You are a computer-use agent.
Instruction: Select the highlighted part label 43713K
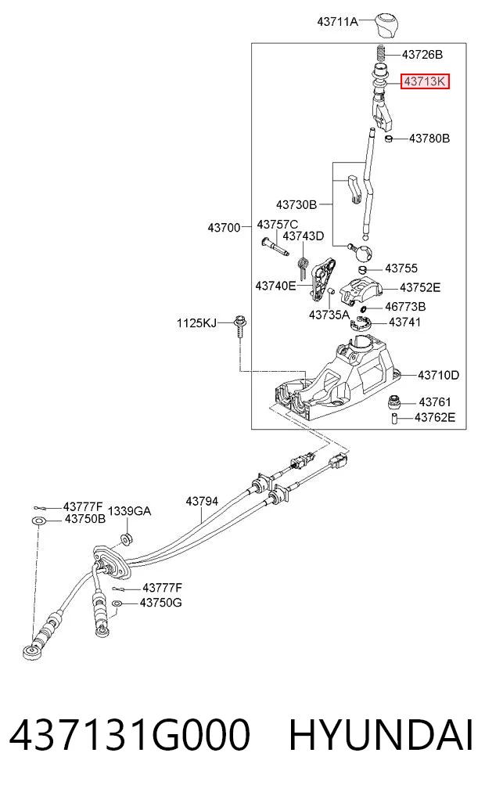(x=425, y=81)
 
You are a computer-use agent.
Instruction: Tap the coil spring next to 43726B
(x=381, y=54)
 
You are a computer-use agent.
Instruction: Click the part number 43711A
(x=337, y=22)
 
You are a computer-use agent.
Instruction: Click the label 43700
(x=224, y=228)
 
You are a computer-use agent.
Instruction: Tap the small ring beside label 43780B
(x=389, y=139)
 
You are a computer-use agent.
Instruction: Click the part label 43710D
(x=438, y=375)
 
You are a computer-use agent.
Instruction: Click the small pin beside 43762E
(x=393, y=419)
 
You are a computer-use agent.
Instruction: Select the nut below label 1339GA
(x=126, y=538)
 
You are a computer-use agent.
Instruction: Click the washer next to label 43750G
(x=117, y=603)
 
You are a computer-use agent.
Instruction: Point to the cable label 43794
(x=202, y=501)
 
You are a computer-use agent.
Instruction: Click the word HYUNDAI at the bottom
(x=381, y=734)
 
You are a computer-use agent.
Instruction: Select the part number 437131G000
(x=130, y=734)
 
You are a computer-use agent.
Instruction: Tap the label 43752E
(x=420, y=288)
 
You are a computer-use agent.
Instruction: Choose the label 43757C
(x=278, y=225)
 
